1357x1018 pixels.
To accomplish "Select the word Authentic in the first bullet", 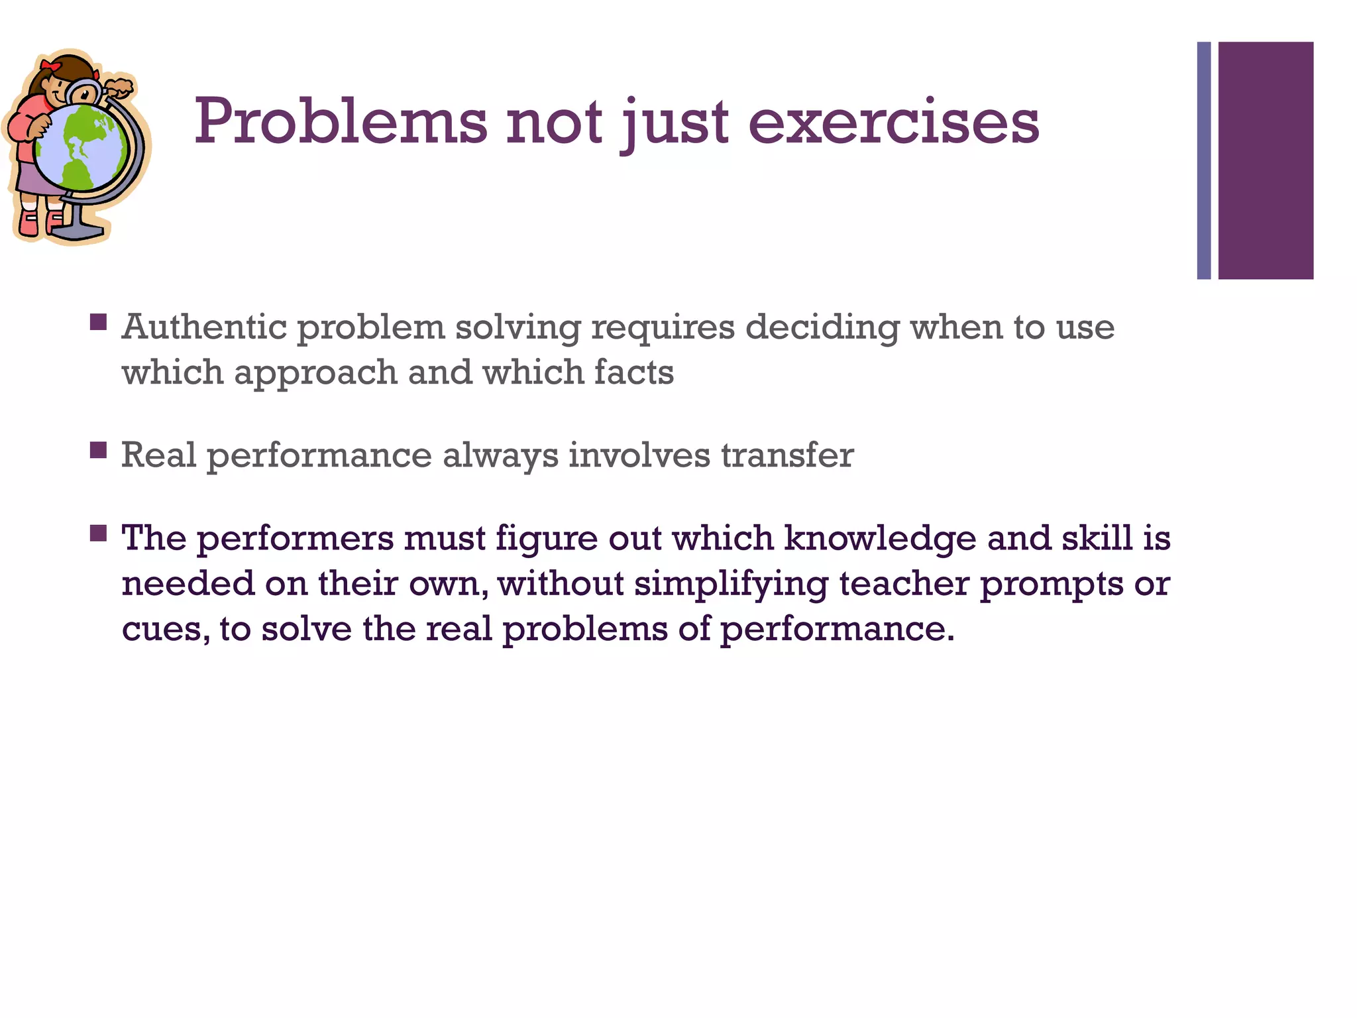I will pyautogui.click(x=205, y=327).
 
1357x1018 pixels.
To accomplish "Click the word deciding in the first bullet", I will pyautogui.click(x=822, y=327).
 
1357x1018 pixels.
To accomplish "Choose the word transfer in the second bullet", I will pyautogui.click(x=787, y=455).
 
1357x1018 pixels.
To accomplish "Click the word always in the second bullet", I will pyautogui.click(x=500, y=455).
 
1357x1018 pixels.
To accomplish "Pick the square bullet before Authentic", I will pyautogui.click(x=98, y=323).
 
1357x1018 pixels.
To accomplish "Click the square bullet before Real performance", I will pyautogui.click(x=98, y=451).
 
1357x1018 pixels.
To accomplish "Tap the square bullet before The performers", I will pyautogui.click(x=98, y=534).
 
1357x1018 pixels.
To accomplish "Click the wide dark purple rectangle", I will pyautogui.click(x=1266, y=160).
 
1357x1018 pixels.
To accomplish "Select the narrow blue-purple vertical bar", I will pyautogui.click(x=1204, y=160).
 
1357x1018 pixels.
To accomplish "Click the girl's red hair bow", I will pyautogui.click(x=50, y=66).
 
